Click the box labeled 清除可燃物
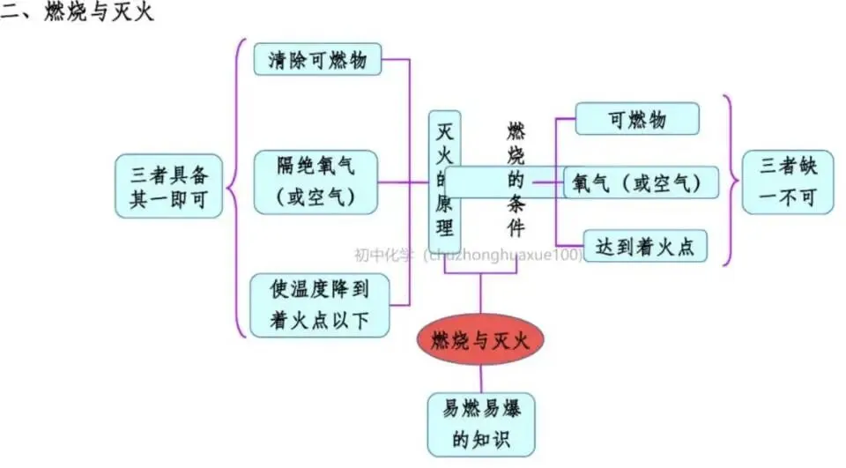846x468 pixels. click(317, 60)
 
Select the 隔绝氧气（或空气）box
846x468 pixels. click(315, 182)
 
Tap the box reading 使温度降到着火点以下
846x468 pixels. click(319, 305)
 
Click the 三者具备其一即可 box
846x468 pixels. click(168, 186)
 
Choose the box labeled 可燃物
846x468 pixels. click(636, 119)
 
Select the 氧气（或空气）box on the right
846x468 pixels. click(640, 182)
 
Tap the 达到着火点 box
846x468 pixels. click(645, 246)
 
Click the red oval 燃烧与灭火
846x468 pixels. click(480, 340)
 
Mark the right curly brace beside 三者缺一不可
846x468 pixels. click(729, 181)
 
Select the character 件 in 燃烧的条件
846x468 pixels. click(516, 227)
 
